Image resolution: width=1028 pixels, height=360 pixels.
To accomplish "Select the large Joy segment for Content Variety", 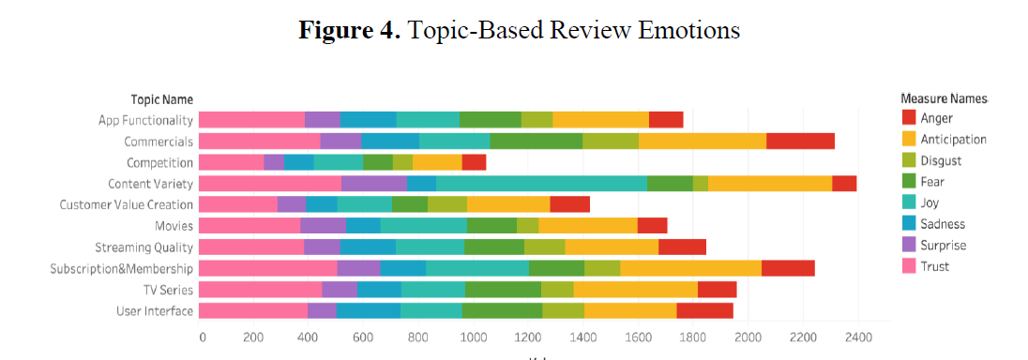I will click(x=541, y=184).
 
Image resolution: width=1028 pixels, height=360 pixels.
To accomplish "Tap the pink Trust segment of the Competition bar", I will click(x=231, y=162).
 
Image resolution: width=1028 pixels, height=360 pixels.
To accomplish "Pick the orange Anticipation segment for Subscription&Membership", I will click(x=690, y=268).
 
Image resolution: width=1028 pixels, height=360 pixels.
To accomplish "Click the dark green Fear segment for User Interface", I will click(x=502, y=310).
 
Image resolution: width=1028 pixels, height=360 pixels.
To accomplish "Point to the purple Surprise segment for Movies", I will click(x=323, y=225).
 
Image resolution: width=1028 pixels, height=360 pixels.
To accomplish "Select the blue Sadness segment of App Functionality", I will click(x=368, y=119).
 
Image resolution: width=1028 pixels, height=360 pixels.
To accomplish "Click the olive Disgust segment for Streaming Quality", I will click(x=544, y=247).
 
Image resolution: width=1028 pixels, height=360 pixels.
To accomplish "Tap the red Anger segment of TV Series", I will click(x=717, y=289).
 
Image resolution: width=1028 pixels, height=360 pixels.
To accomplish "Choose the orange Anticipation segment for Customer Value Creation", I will click(x=507, y=204).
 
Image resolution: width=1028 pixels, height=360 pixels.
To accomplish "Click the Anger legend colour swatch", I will click(x=908, y=118).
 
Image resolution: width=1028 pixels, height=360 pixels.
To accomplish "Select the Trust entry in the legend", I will click(x=934, y=266).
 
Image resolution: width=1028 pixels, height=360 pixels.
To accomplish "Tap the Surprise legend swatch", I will click(x=908, y=246).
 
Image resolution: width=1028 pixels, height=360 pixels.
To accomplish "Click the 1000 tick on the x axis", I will click(x=475, y=337).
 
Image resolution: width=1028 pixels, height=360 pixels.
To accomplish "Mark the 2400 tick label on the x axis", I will click(x=857, y=337).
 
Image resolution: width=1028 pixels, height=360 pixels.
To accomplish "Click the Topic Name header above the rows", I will click(x=161, y=98).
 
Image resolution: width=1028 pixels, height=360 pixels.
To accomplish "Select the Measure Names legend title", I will click(x=944, y=98).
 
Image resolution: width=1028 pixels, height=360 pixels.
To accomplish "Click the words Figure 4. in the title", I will click(x=349, y=30).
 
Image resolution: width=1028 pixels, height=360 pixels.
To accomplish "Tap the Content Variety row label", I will click(x=150, y=184).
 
